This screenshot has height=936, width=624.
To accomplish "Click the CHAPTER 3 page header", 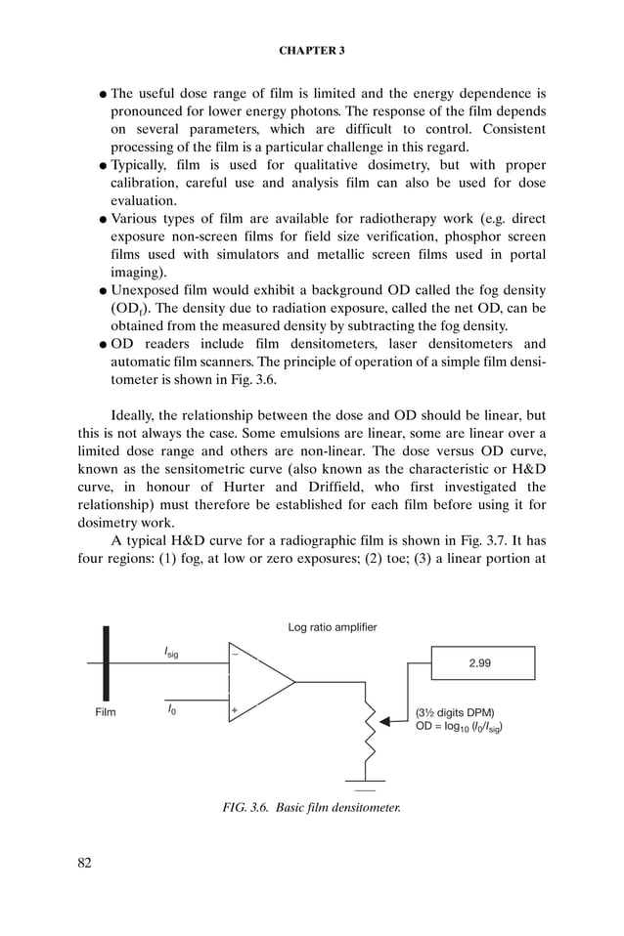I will coord(311,48).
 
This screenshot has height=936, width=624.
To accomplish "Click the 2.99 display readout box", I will coord(479,662).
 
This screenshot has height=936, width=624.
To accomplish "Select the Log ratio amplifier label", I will coord(333,626).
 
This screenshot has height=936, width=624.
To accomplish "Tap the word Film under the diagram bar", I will coord(105,712).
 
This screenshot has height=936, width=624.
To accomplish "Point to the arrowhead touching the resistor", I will coord(385,721).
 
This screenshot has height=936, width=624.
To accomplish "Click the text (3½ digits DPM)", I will coord(455,712).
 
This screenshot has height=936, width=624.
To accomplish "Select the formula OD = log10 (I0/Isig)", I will coord(460,727).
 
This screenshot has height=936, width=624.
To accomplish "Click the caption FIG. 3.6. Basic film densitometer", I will coord(311,807).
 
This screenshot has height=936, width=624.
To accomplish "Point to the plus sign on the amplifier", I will coord(235,710).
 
